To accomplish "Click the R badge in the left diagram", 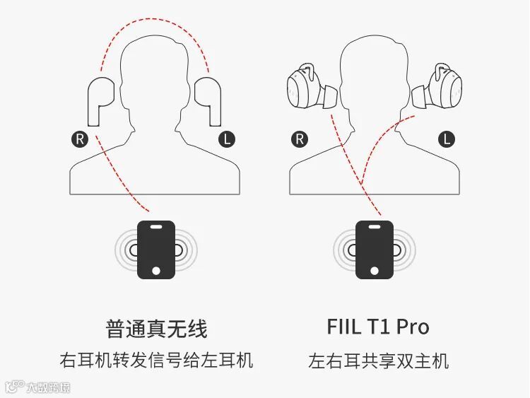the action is point(79,139).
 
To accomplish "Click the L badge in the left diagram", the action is point(227,139).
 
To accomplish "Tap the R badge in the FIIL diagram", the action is point(300,139).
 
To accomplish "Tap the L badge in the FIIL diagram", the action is point(446,139).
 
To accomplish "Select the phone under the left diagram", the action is point(155,249).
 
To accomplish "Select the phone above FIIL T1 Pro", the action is point(375,249).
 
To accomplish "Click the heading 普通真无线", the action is point(156,328).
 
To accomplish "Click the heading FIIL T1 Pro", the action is point(378,327).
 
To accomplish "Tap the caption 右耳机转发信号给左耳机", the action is point(156,361).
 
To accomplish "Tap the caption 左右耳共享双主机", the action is point(378,361).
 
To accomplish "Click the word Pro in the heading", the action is point(412,327).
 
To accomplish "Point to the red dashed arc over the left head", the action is point(155,21).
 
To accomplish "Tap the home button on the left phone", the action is point(155,269).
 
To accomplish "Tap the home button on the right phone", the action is point(375,269).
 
